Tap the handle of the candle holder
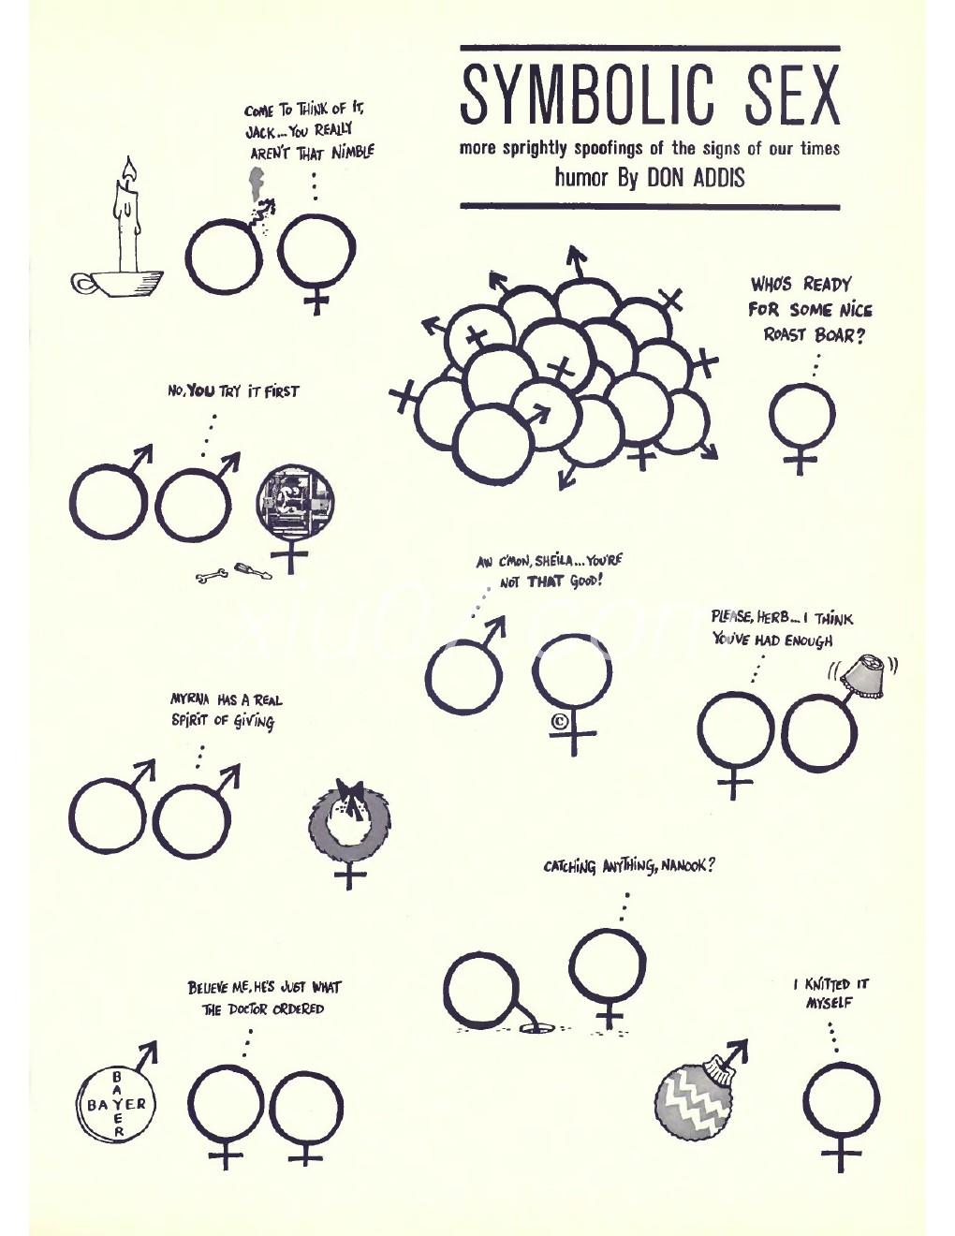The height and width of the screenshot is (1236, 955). (83, 284)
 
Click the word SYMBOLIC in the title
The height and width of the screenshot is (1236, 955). (586, 95)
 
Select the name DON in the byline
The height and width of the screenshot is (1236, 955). (667, 178)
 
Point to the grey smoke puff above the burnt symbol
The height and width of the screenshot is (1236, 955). (255, 181)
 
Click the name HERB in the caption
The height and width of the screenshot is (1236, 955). (774, 618)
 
